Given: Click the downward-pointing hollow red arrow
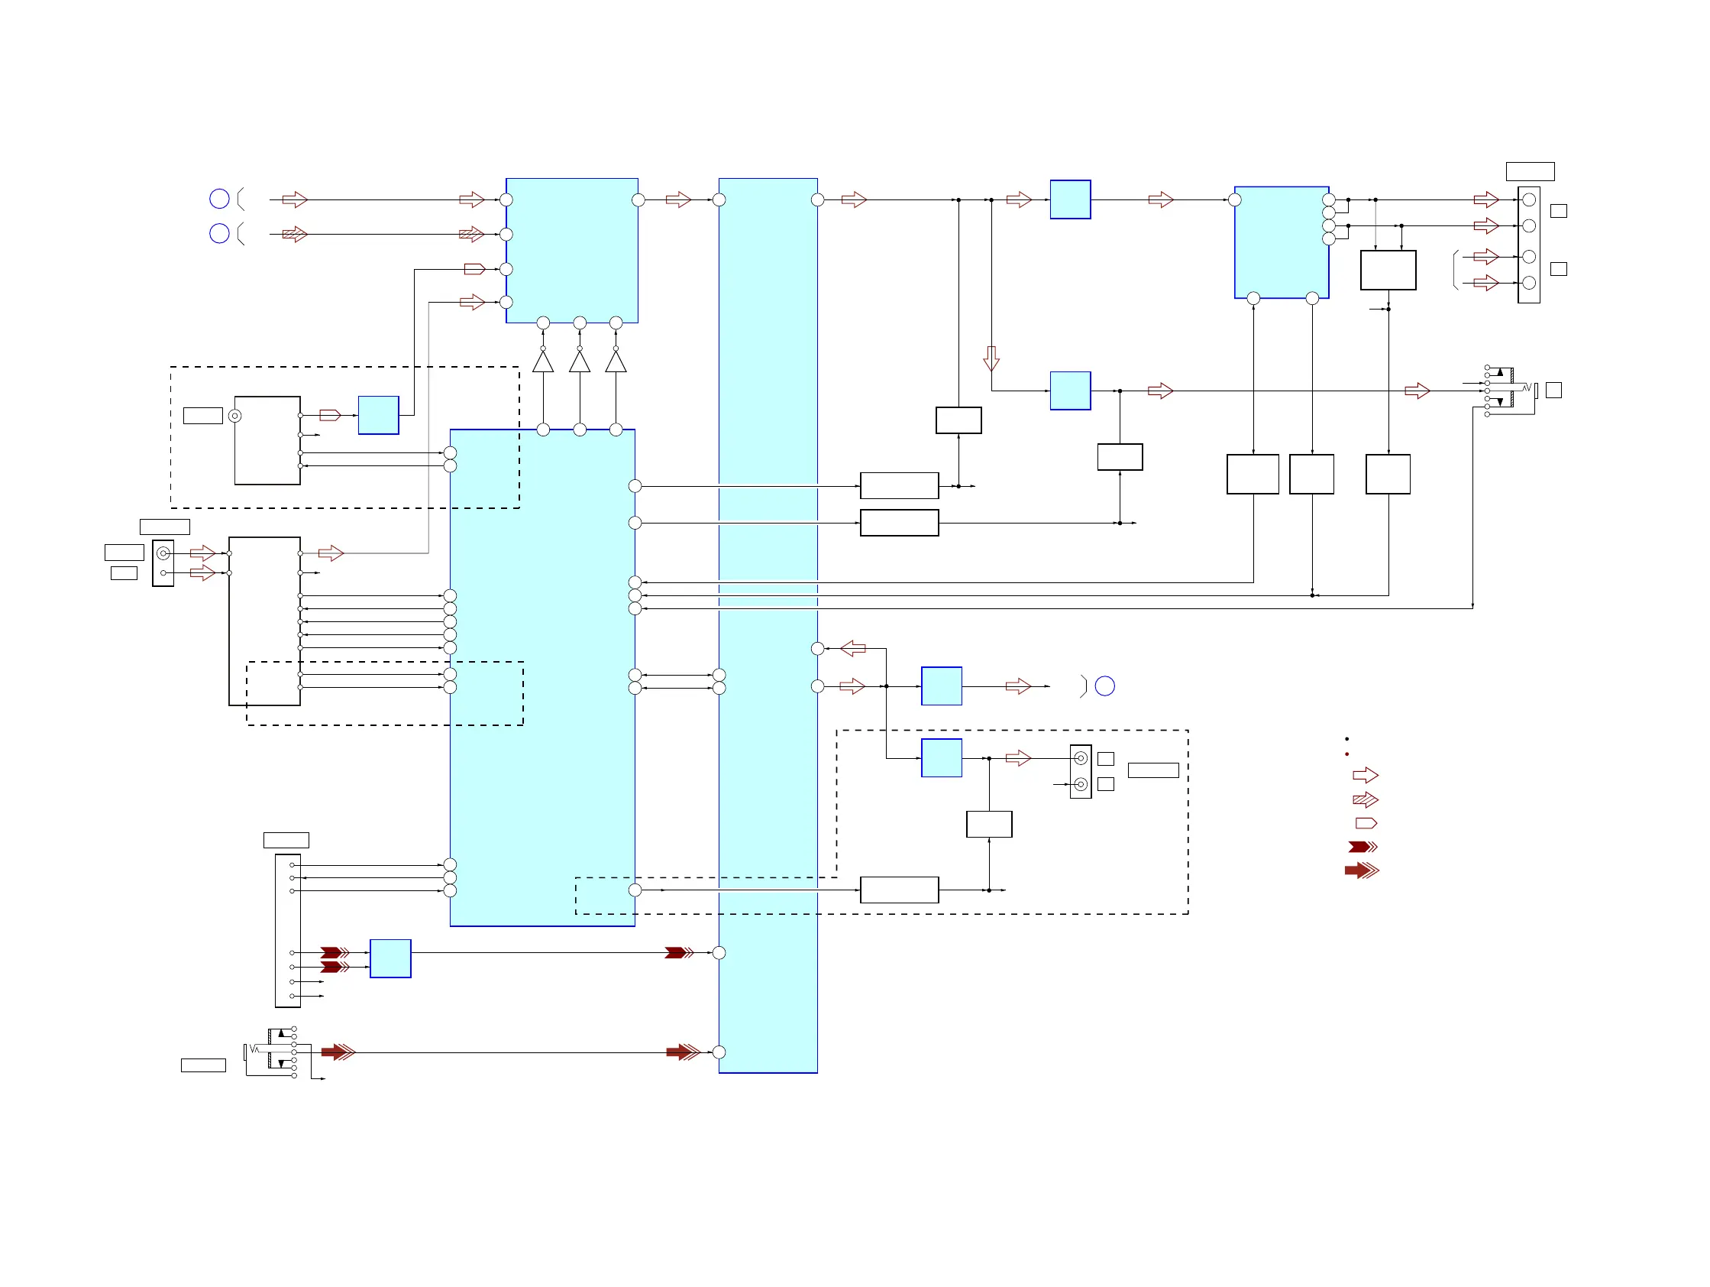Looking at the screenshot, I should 991,359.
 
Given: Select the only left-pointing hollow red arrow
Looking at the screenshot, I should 852,648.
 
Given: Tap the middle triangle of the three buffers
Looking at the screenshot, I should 580,362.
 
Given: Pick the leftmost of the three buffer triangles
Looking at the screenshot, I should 544,362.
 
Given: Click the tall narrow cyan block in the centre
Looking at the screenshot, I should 768,625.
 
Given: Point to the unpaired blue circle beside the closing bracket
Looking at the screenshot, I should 1104,686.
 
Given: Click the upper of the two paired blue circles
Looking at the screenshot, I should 219,199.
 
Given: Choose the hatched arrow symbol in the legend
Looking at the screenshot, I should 1366,799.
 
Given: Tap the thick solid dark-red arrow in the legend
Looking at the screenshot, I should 1361,871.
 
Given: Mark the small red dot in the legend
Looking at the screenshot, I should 1346,754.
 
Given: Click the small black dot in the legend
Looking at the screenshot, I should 1346,739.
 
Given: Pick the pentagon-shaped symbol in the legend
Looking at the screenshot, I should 1366,823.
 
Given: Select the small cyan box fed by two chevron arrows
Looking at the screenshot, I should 390,959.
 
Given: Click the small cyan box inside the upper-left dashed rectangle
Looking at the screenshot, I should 378,415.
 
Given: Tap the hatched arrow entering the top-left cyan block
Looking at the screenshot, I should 471,235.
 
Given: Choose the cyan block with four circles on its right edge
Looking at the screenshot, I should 1281,242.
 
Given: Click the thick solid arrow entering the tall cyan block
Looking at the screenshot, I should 683,1052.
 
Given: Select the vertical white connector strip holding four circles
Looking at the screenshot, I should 1528,245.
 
